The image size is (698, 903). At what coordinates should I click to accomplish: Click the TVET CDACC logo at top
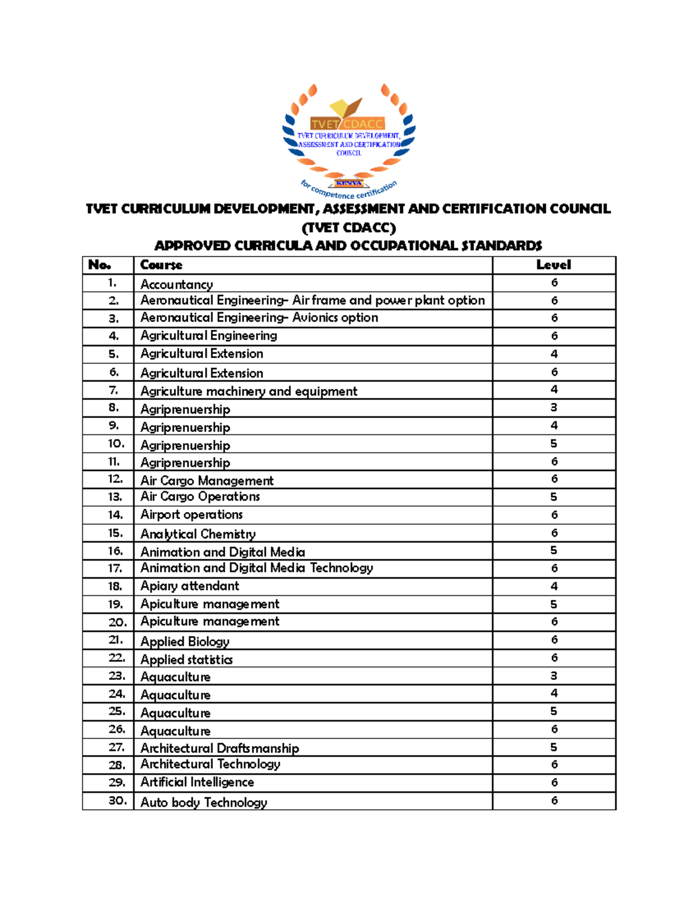[348, 140]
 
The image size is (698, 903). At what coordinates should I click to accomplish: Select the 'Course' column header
[161, 265]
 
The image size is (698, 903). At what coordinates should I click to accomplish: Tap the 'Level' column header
[553, 265]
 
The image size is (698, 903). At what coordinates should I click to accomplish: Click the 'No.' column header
[99, 265]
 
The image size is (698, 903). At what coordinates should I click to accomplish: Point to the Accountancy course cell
[176, 284]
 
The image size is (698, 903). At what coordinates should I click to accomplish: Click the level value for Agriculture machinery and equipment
[554, 390]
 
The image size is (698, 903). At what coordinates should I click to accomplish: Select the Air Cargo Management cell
[206, 481]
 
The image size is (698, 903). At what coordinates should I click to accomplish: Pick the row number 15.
[115, 533]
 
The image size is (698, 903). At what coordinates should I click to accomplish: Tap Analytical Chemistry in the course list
[198, 534]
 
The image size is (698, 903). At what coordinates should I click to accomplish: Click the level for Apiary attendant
[554, 586]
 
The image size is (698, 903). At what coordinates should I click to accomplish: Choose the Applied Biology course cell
[184, 641]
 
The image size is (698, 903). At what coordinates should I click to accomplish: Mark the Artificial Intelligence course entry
[197, 782]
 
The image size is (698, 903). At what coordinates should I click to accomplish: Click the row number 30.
[117, 801]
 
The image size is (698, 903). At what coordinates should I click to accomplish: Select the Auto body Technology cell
[204, 802]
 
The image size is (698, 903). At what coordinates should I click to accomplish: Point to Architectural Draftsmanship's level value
[554, 747]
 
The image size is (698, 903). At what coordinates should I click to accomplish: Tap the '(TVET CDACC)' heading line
[348, 227]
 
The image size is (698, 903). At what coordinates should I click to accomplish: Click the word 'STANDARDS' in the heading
[501, 245]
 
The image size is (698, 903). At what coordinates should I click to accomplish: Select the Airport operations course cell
[191, 515]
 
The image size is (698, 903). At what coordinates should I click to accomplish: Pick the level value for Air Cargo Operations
[554, 497]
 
